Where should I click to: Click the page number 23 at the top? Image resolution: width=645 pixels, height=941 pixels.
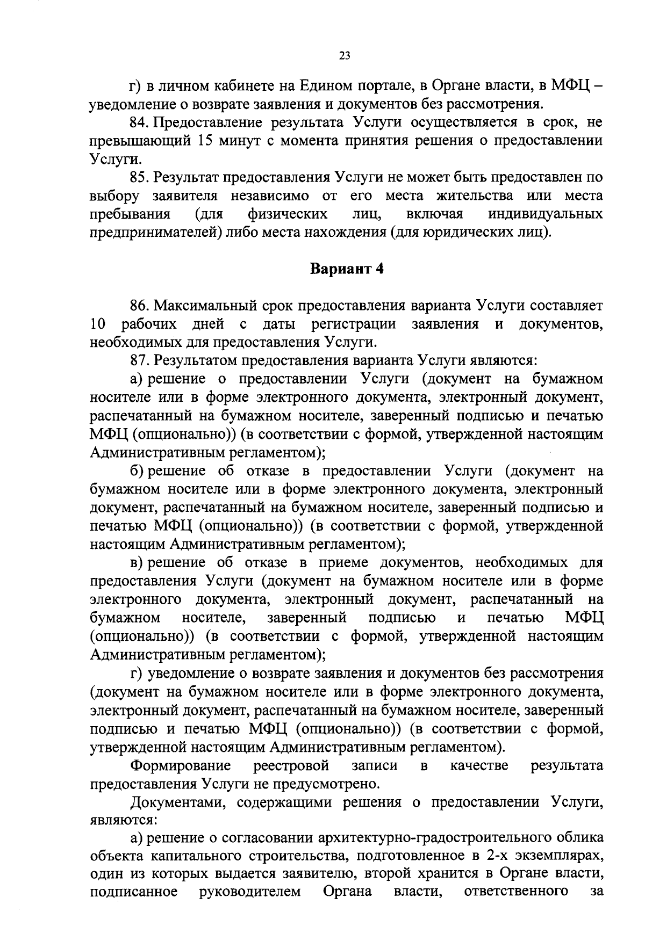[345, 55]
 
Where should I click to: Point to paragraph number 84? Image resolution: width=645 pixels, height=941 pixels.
[140, 122]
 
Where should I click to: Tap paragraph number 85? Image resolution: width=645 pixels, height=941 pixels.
[140, 177]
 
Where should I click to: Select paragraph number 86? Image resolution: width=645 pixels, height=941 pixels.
[140, 306]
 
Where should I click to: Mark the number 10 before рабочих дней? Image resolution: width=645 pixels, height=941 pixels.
[99, 324]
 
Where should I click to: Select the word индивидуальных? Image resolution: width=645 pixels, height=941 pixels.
[545, 214]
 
